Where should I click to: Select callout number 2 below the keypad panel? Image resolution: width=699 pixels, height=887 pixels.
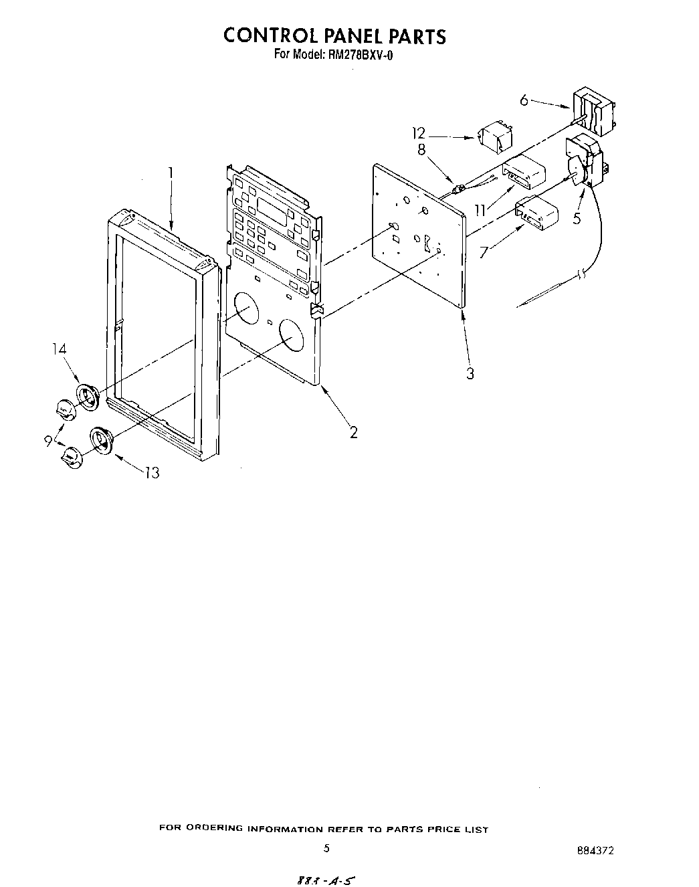(353, 432)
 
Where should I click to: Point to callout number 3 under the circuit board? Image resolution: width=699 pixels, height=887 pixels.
(470, 373)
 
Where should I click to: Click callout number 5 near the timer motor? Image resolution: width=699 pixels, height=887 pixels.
(577, 217)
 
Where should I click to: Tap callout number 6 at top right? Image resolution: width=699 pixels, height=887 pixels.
(524, 100)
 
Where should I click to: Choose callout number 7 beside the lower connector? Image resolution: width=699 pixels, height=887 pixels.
(484, 252)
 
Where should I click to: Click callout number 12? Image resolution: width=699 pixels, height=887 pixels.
(419, 134)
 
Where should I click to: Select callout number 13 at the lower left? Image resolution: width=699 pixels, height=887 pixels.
(153, 473)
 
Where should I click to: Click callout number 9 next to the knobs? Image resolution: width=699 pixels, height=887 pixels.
(49, 441)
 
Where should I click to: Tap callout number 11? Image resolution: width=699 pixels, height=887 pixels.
(479, 210)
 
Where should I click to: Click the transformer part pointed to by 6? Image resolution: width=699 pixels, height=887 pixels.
(593, 112)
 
